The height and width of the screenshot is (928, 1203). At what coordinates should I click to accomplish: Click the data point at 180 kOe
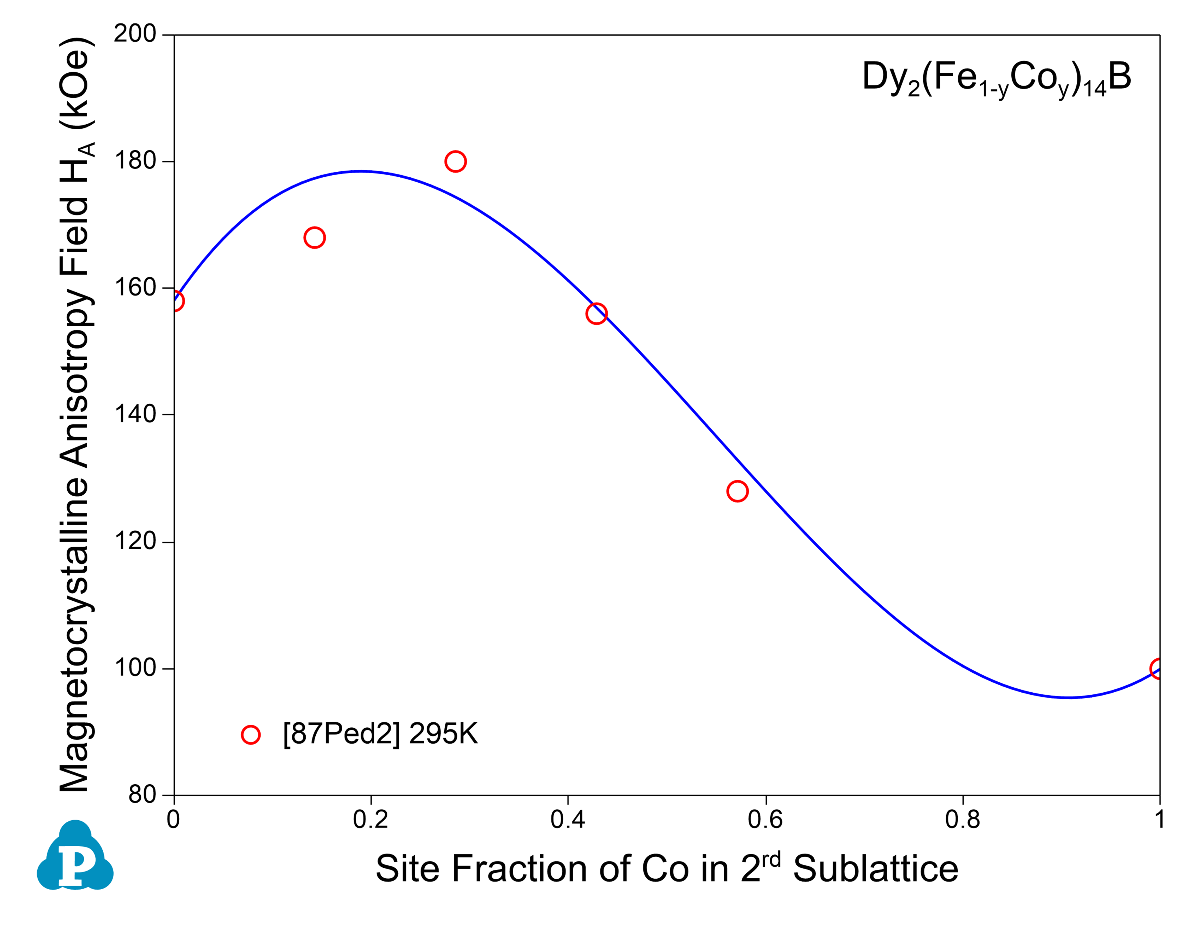pos(455,161)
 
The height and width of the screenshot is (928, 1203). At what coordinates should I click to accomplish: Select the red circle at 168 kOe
pos(314,237)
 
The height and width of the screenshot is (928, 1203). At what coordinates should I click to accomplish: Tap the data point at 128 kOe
pos(737,491)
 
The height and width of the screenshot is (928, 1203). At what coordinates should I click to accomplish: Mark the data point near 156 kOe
pos(596,314)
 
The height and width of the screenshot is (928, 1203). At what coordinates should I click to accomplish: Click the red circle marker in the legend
pos(251,735)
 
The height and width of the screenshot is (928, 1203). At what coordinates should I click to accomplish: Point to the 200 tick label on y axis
pos(135,34)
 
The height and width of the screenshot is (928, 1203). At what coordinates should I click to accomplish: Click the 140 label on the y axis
pos(135,414)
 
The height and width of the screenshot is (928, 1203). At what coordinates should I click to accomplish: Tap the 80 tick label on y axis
pos(142,795)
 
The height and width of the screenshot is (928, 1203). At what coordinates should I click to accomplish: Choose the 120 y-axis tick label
pos(135,541)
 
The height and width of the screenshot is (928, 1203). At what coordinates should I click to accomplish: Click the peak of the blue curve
pos(361,171)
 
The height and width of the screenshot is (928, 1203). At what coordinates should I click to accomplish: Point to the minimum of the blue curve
pos(1069,698)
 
